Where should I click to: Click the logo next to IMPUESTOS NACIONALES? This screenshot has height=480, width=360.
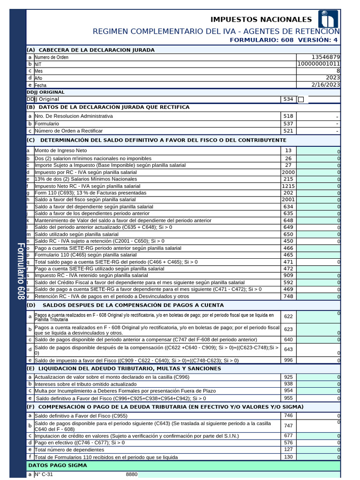[x=328, y=19]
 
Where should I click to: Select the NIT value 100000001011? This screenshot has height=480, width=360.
[x=319, y=64]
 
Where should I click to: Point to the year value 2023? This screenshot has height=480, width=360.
[x=333, y=78]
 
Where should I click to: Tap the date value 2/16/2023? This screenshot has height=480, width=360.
[x=324, y=85]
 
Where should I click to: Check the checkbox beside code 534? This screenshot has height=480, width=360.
[x=301, y=99]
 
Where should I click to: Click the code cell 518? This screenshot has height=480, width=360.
[x=288, y=116]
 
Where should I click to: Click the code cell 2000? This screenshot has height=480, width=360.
[x=288, y=172]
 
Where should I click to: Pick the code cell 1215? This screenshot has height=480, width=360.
[x=288, y=186]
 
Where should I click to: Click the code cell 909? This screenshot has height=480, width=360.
[x=288, y=275]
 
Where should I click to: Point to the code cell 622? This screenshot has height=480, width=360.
[x=288, y=317]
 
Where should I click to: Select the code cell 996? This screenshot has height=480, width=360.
[x=288, y=360]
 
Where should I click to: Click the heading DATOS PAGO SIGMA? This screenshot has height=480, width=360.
[x=58, y=465]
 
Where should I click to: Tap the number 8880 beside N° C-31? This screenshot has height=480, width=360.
[x=132, y=474]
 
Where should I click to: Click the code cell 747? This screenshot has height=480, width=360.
[x=288, y=426]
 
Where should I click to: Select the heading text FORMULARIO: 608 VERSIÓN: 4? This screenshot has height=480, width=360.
[x=284, y=40]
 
